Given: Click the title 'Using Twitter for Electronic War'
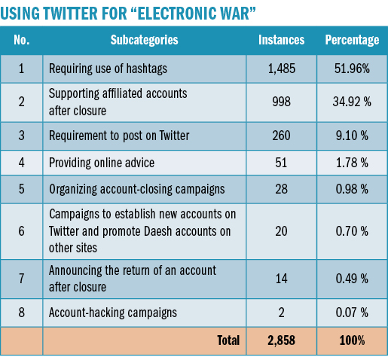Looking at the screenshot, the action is coord(128,13).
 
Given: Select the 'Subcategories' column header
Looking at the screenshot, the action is coord(144,40).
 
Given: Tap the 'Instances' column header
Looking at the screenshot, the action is coord(281,40).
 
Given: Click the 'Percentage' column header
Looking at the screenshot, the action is coord(352,40).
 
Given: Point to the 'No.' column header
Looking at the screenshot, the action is coord(22,40).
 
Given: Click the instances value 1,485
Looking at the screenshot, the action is coord(282,69).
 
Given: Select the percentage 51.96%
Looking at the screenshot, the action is coord(352,69).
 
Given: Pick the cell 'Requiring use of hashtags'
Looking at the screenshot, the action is coord(108,69).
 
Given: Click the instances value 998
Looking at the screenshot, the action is coord(281,102).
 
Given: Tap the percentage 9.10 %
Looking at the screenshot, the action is coord(352,136).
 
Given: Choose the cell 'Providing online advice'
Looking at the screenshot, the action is coord(102,163).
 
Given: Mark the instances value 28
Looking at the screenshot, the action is coord(281,189).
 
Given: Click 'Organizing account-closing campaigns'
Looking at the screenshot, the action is coord(137,189).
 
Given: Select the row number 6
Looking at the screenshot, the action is coord(22,231).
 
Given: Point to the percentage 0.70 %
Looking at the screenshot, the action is coord(352,231).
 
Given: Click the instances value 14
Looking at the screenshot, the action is coord(281,279).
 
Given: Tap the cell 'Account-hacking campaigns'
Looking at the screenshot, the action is coord(113,313).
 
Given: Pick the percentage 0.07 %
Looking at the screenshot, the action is coord(352,313).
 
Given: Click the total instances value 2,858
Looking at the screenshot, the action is coord(281,340).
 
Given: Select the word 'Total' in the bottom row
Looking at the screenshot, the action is coord(228,340).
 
